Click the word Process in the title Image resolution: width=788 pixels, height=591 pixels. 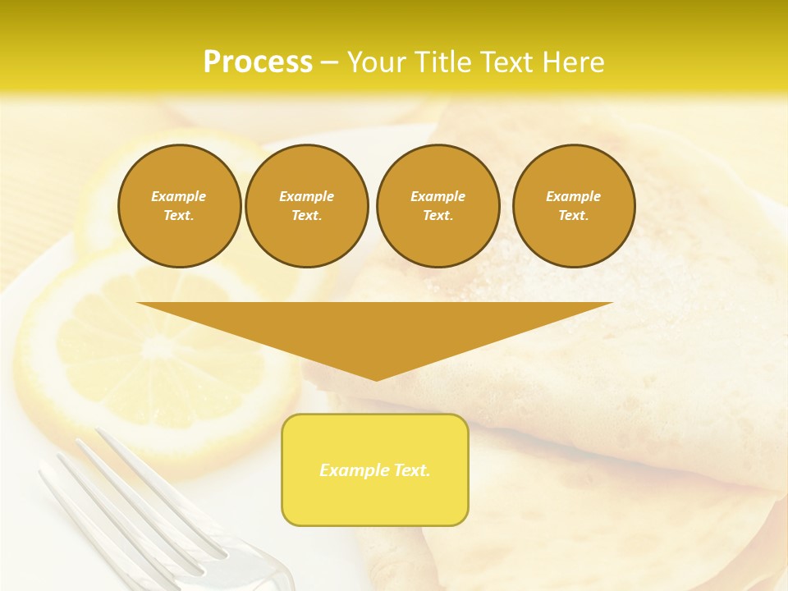point(258,62)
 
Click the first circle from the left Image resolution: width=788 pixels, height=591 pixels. point(180,206)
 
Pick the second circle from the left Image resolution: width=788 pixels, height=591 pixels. point(307,206)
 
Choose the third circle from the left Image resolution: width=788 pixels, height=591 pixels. point(438,206)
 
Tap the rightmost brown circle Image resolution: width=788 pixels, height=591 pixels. point(574,206)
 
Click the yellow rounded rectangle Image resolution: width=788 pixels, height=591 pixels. point(375,470)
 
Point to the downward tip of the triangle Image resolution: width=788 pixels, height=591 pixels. point(376,378)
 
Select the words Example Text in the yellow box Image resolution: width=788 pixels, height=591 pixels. point(375,470)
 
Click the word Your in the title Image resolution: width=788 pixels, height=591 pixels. point(378,62)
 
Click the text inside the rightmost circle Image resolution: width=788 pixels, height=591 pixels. point(574,206)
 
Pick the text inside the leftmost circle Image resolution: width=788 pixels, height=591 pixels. point(179,206)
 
